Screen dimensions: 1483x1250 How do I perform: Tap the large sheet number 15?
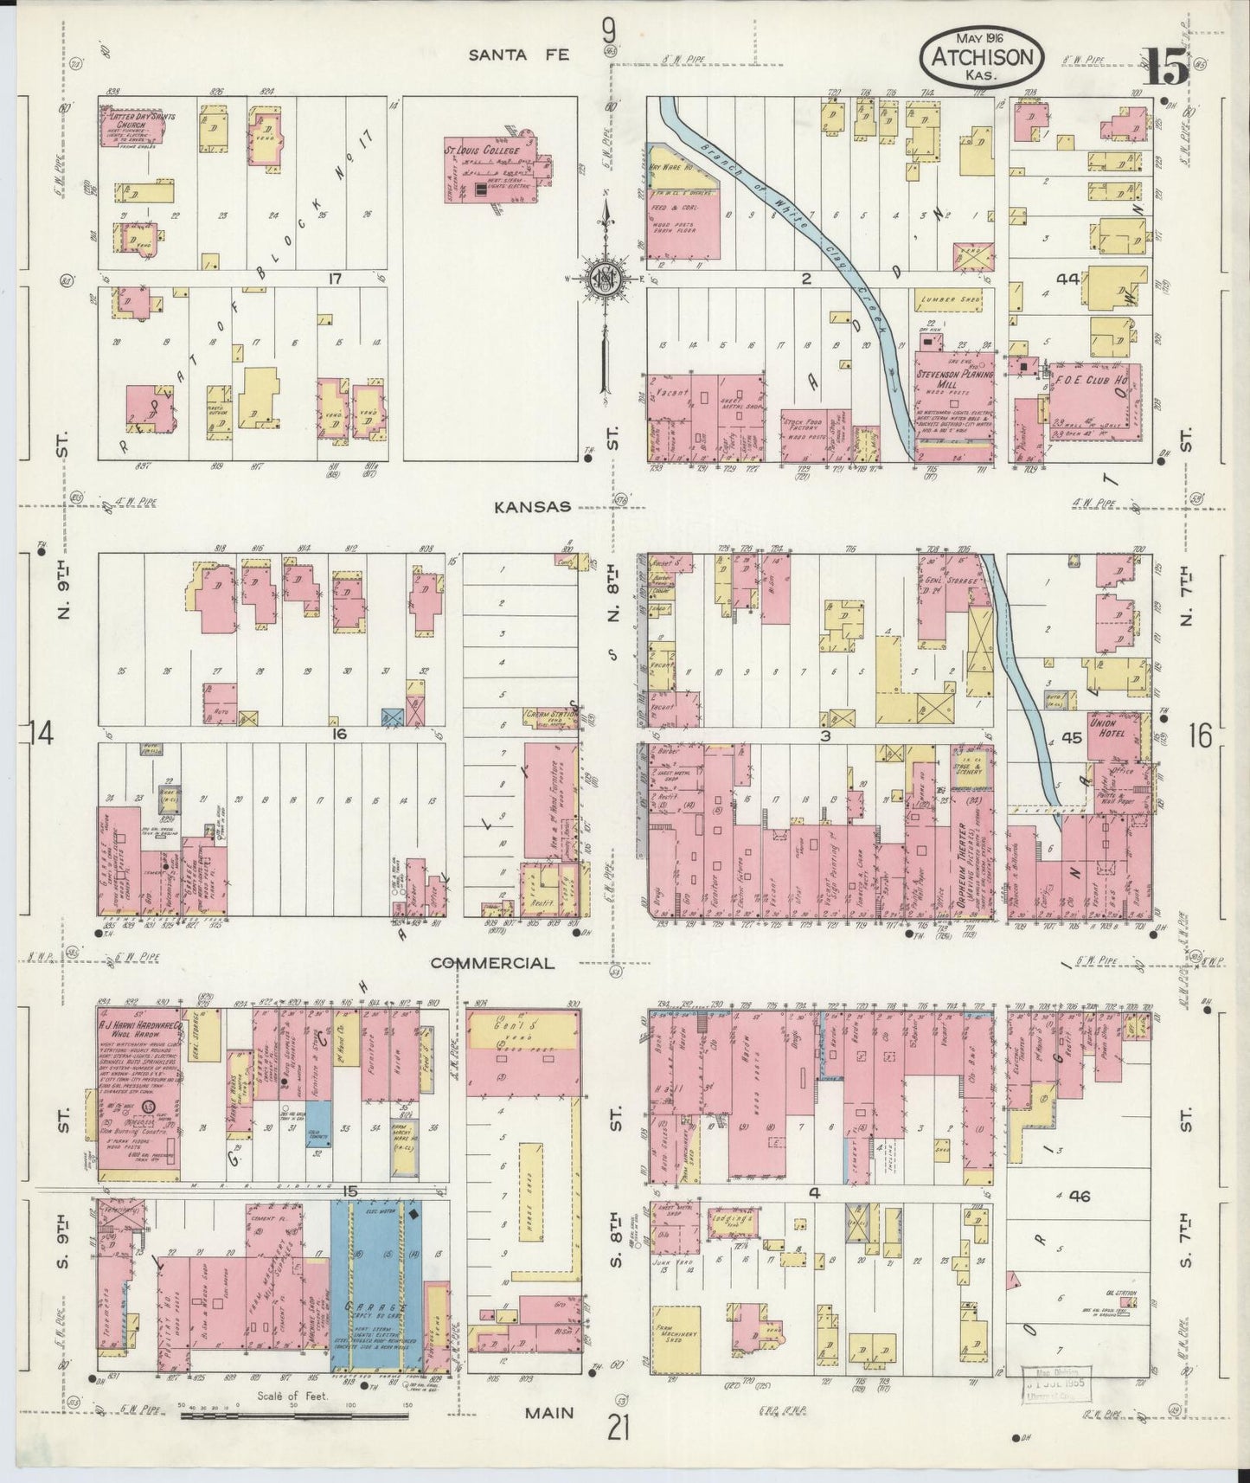(x=1168, y=67)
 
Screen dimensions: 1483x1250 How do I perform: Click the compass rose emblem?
(x=603, y=279)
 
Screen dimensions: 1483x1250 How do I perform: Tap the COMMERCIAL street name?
(x=492, y=963)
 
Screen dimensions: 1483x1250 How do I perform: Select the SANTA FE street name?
(x=519, y=55)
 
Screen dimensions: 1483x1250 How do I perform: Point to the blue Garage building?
(x=376, y=1285)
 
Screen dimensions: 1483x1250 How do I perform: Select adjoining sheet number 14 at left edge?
(x=41, y=734)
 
